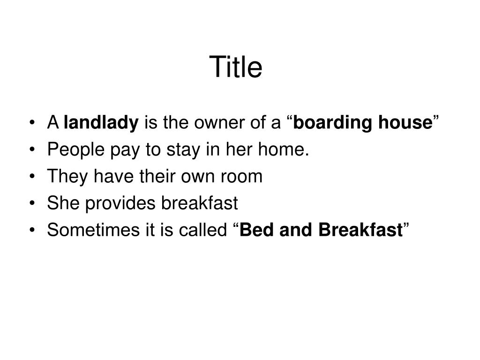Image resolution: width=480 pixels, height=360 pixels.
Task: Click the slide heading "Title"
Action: click(x=236, y=67)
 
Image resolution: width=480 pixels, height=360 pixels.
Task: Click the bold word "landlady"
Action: click(x=101, y=123)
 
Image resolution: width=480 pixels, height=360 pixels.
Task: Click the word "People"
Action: click(x=75, y=150)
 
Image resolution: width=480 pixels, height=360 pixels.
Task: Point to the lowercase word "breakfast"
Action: click(x=200, y=203)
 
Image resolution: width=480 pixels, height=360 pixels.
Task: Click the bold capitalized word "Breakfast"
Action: click(x=360, y=230)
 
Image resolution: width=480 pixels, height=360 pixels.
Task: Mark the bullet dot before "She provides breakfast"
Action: click(x=32, y=204)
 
